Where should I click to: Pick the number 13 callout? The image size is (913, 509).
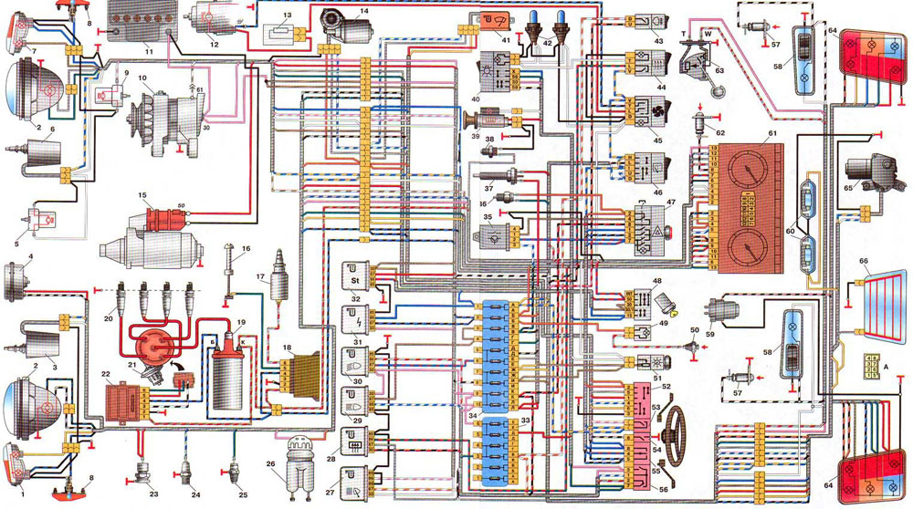[x=287, y=16]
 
